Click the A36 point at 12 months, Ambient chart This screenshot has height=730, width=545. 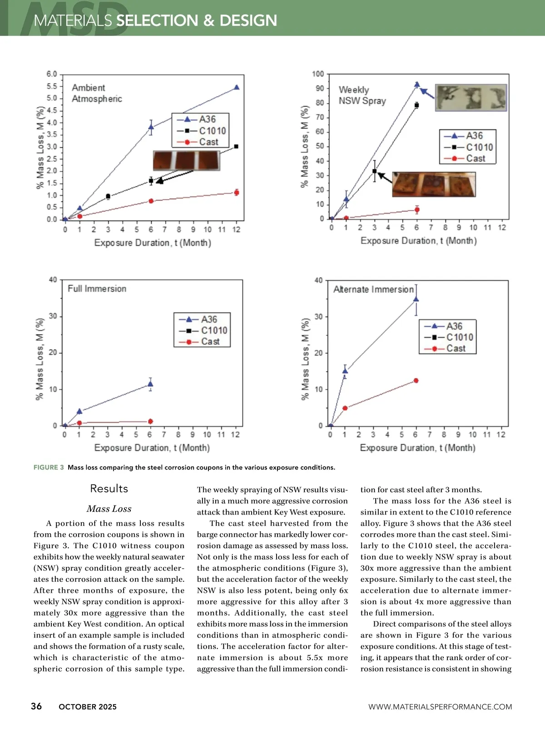236,87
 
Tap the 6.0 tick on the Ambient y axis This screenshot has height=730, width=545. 52,74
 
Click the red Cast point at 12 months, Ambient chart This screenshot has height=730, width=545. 236,193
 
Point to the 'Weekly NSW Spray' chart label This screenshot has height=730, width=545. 362,95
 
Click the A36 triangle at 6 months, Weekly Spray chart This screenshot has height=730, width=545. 417,85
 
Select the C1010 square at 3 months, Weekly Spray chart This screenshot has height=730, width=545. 375,171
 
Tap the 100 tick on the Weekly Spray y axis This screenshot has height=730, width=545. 318,74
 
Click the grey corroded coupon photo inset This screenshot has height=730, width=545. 471,97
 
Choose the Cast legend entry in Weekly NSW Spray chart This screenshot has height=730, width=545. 468,159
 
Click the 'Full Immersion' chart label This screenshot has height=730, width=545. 97,289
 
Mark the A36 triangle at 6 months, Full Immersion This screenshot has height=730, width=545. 150,384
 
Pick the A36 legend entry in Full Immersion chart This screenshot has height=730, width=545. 202,320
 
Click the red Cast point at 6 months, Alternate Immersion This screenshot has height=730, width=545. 416,380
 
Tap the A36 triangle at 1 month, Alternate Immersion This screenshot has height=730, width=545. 345,371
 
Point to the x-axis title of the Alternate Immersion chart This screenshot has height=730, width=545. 417,448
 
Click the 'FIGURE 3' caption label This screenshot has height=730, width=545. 49,467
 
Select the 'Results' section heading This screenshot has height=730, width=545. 109,489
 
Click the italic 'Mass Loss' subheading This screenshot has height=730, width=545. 109,509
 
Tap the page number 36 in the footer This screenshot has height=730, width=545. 36,706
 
